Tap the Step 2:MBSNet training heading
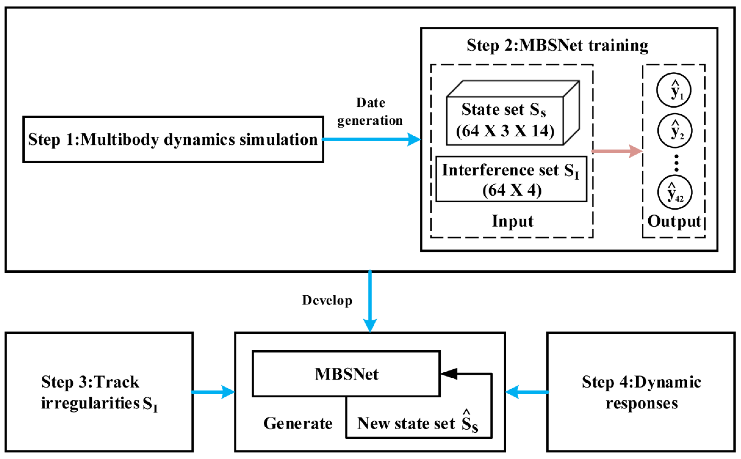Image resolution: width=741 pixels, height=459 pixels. [x=557, y=46]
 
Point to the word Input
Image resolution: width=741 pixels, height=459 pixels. [x=512, y=221]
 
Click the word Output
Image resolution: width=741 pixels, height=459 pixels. [x=674, y=221]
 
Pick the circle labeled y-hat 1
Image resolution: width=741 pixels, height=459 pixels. [x=674, y=90]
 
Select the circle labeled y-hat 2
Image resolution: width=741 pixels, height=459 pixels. [x=675, y=130]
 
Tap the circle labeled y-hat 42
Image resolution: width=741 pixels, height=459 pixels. [x=675, y=192]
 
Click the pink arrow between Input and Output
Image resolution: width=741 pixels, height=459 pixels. [x=616, y=151]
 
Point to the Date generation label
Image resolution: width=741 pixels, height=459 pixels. [x=370, y=112]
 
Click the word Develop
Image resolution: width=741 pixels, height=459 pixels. [x=327, y=300]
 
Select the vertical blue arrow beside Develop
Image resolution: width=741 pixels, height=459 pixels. [x=370, y=300]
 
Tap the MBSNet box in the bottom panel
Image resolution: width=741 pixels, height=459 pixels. [x=346, y=374]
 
